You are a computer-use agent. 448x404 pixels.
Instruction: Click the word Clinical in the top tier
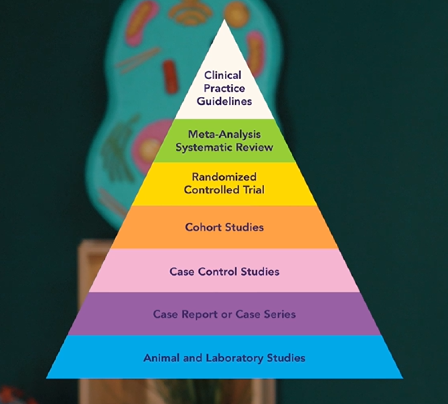pyautogui.click(x=223, y=75)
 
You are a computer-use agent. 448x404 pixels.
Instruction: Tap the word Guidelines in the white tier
pyautogui.click(x=224, y=101)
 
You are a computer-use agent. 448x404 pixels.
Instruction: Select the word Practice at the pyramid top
pyautogui.click(x=224, y=88)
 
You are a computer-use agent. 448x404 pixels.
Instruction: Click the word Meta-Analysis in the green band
pyautogui.click(x=224, y=134)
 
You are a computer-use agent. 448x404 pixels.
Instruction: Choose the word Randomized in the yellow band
pyautogui.click(x=224, y=177)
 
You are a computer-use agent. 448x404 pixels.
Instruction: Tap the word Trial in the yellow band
pyautogui.click(x=254, y=190)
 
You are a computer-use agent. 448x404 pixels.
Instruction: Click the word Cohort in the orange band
pyautogui.click(x=203, y=227)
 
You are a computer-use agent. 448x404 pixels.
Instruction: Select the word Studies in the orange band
pyautogui.click(x=244, y=227)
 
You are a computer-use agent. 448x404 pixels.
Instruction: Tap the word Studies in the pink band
pyautogui.click(x=260, y=271)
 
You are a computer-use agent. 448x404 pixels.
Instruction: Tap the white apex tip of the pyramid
pyautogui.click(x=224, y=27)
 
